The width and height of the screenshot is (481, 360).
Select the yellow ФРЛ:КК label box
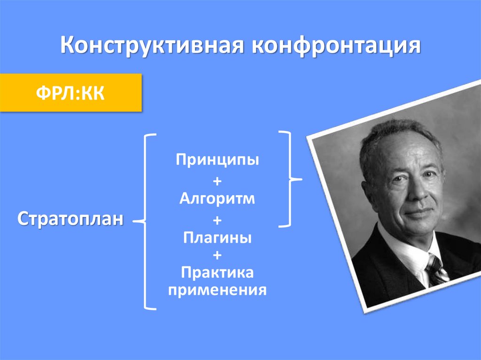click(x=70, y=92)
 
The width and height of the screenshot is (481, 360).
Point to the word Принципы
click(x=217, y=160)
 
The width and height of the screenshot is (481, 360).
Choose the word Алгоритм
click(x=217, y=198)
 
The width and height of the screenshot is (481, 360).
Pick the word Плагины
click(x=217, y=237)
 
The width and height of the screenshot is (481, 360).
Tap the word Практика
click(x=217, y=272)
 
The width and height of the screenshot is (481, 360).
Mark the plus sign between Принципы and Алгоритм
click(x=217, y=181)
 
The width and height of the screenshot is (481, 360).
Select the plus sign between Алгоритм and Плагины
click(x=217, y=219)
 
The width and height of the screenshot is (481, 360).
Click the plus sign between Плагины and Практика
click(x=217, y=255)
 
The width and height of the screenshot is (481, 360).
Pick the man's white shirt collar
click(x=413, y=253)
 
